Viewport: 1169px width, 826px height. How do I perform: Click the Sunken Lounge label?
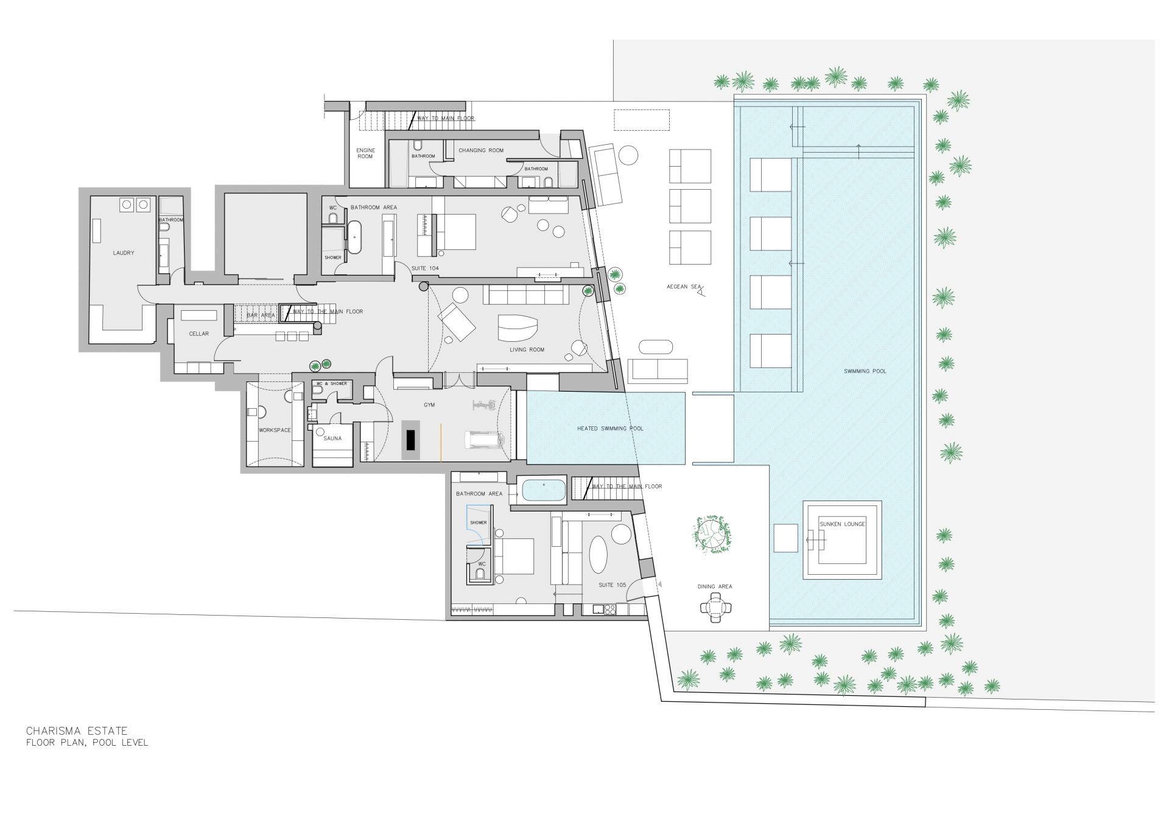(x=842, y=524)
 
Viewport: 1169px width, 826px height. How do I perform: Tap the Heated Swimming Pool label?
(x=610, y=429)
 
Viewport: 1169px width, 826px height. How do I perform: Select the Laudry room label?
(x=124, y=253)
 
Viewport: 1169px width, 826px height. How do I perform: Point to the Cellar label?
(x=199, y=334)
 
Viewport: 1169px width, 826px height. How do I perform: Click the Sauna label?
(x=332, y=439)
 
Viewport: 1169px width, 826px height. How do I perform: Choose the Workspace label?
(x=275, y=431)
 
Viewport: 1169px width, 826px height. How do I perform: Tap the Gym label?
(x=429, y=405)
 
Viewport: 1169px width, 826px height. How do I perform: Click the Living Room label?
(x=527, y=350)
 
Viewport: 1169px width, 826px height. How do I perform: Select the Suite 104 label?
(x=425, y=268)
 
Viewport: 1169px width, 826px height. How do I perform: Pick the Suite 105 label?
(x=613, y=585)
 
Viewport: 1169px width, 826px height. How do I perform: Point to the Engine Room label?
(x=365, y=153)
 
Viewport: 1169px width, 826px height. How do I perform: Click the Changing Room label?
(x=481, y=150)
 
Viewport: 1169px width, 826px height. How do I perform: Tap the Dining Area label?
(x=715, y=587)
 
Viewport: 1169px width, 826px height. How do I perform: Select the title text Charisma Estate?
(x=77, y=731)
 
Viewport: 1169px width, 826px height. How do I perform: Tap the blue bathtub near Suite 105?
(x=544, y=490)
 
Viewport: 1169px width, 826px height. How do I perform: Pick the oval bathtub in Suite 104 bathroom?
(x=354, y=236)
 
